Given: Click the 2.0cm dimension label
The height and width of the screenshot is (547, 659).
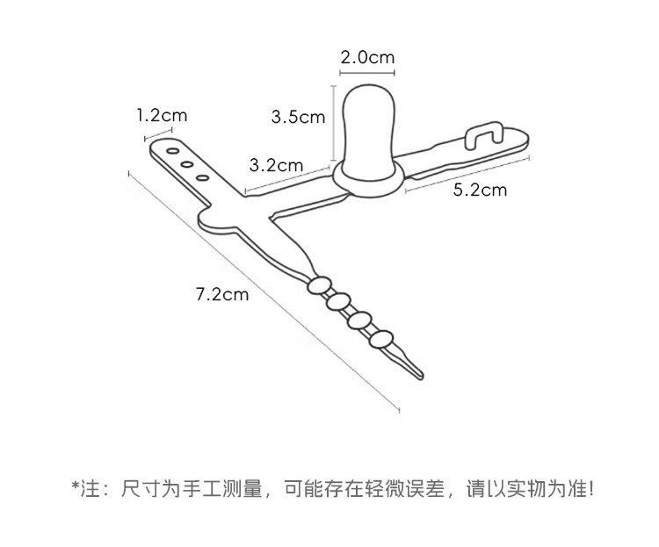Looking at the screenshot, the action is (x=367, y=58).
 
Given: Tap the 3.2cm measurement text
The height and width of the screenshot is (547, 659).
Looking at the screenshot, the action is (x=276, y=164).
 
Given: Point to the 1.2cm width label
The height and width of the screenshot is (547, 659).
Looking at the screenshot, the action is (x=162, y=114).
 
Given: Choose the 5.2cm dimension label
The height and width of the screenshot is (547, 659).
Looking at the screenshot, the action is (x=480, y=190).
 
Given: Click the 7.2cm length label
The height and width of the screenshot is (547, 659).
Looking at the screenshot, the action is (x=221, y=294).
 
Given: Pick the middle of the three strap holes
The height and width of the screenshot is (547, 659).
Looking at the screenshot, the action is (x=186, y=163).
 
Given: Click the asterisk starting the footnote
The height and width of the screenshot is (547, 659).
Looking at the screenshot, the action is (x=76, y=486).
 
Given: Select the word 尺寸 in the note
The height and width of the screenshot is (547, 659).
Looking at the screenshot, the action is (x=133, y=487).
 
